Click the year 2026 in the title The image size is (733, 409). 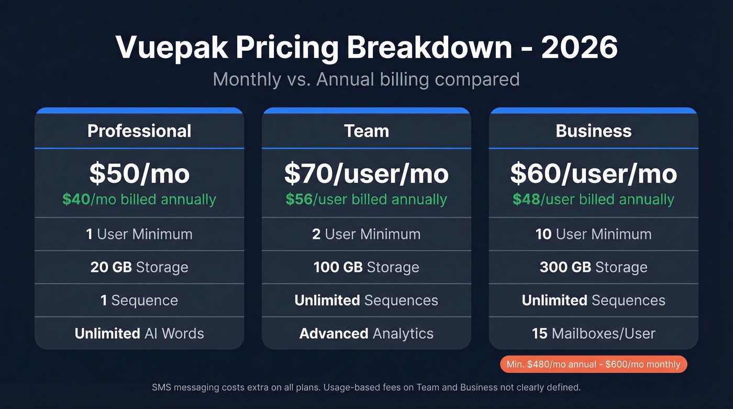(580, 48)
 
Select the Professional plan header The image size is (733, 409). (139, 130)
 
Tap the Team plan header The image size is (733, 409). (366, 130)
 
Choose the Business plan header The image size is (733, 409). (594, 130)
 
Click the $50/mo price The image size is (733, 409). (139, 174)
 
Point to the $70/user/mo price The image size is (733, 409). (366, 174)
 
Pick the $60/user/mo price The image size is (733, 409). (594, 174)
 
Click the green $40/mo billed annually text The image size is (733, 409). (139, 200)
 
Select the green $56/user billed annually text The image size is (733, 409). (366, 200)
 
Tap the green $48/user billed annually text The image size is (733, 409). (594, 200)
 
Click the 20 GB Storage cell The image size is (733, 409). (139, 267)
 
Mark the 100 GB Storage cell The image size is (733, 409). (366, 267)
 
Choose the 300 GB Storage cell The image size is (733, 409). (594, 267)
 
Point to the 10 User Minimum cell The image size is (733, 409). (594, 234)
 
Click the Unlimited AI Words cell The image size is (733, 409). (139, 334)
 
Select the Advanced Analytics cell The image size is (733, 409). (366, 334)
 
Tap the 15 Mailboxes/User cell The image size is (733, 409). (594, 334)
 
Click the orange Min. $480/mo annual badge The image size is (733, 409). (594, 364)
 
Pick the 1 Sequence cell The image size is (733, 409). (139, 301)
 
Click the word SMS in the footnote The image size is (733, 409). (161, 388)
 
